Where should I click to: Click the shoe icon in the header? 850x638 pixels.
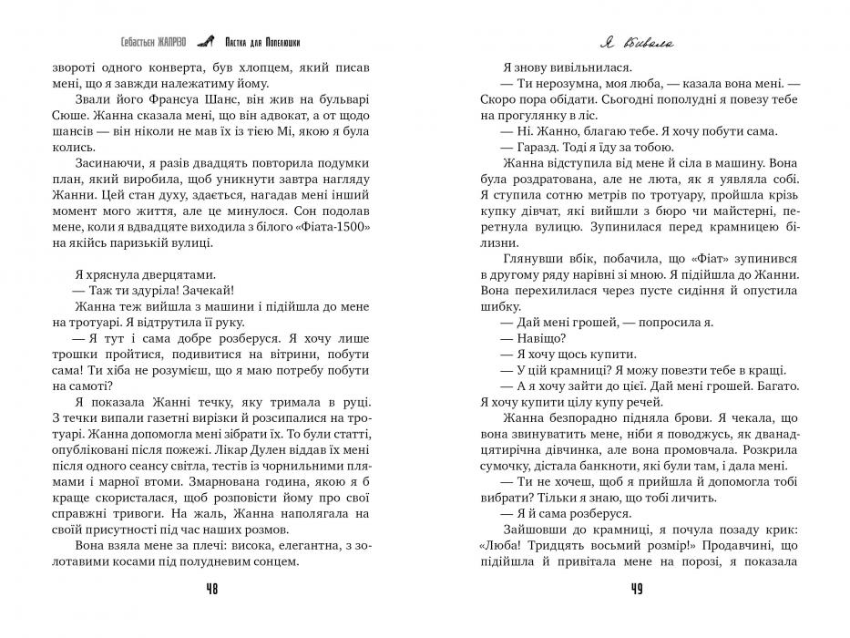pyautogui.click(x=210, y=41)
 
